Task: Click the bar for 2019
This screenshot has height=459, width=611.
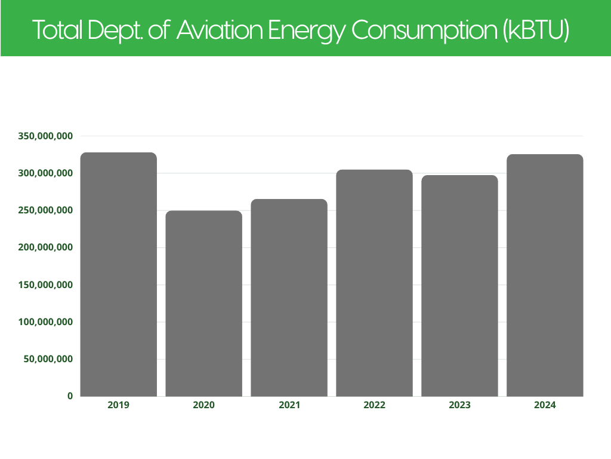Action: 119,274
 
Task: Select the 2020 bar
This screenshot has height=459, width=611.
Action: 203,303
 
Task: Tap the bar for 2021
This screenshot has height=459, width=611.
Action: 289,298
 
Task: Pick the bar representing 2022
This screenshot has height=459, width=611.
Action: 374,283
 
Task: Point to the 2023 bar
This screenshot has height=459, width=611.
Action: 459,286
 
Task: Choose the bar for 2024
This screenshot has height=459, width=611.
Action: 545,275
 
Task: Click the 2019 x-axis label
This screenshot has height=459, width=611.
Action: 119,405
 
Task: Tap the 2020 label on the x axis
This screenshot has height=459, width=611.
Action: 203,405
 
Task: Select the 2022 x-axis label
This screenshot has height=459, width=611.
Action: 374,405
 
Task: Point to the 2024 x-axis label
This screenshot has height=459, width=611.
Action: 545,405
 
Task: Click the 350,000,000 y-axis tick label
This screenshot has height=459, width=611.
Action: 45,136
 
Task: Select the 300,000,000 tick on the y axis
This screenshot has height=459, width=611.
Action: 45,173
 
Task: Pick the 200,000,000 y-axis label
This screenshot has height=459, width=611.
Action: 45,247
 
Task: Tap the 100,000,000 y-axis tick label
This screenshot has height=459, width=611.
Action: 45,322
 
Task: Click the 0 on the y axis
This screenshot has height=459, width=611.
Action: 70,396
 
